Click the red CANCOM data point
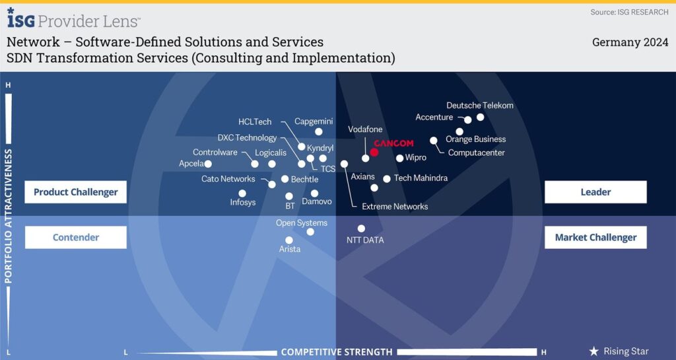374,152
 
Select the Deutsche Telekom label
479,105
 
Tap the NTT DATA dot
361,229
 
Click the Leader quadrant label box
595,192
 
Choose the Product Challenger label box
75,192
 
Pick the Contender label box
75,237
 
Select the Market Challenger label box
595,237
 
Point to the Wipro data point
399,158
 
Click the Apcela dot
208,164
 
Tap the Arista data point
288,240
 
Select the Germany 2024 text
630,42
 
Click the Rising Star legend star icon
593,351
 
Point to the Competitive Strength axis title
336,352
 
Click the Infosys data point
242,193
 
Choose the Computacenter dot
434,140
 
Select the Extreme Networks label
395,207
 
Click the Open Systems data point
310,231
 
